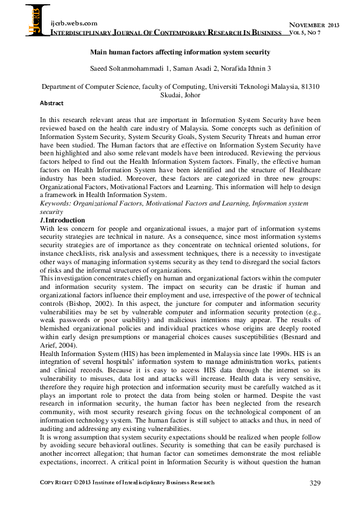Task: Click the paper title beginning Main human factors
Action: (x=180, y=53)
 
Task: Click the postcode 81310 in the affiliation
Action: (x=309, y=87)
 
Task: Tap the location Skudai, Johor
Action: (x=180, y=96)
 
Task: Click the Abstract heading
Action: (x=51, y=103)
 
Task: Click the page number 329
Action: (x=314, y=483)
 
